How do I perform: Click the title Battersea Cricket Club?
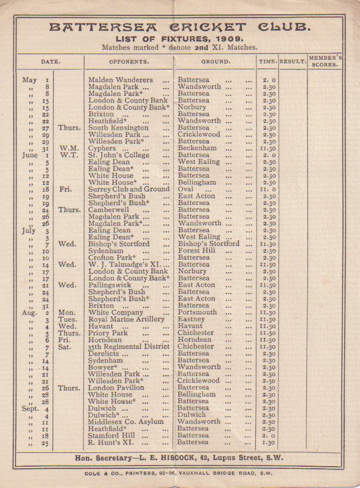click(180, 27)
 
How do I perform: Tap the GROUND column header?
click(215, 62)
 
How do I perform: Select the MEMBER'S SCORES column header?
click(325, 61)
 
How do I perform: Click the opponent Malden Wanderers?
click(121, 80)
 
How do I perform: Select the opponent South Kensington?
click(118, 128)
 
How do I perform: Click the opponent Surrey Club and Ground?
click(129, 190)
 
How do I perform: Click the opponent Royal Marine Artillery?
click(127, 319)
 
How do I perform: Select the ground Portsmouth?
click(197, 312)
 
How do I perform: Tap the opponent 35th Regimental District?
click(129, 347)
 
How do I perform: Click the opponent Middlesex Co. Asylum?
click(126, 422)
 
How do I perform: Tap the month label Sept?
click(30, 408)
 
